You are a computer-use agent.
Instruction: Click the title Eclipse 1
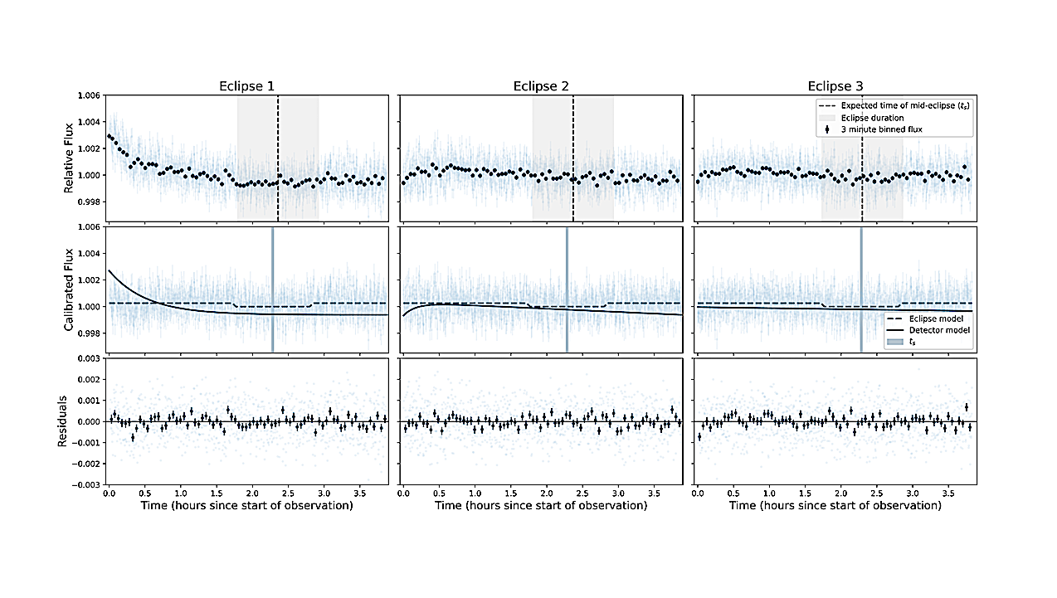pos(247,86)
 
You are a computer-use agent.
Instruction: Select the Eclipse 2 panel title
pos(541,86)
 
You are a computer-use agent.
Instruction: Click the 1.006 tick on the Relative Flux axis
pos(90,96)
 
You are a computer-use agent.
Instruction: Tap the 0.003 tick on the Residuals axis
pos(90,357)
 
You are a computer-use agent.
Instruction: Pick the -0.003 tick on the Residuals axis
pos(88,485)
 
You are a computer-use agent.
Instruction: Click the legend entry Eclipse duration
pos(871,117)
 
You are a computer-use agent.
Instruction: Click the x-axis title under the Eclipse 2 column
pos(541,505)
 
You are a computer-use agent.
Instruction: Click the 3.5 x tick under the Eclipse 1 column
pos(359,493)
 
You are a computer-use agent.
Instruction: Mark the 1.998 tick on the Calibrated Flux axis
pos(90,333)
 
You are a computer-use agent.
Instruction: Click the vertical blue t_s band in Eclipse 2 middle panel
pos(567,289)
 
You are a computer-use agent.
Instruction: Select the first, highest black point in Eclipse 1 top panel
pos(110,136)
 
